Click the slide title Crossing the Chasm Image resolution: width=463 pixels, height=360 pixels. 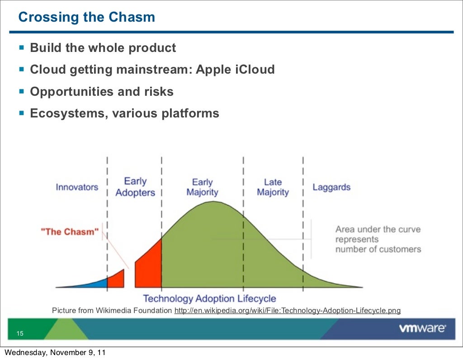tap(86, 18)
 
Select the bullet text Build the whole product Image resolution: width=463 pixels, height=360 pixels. tap(103, 47)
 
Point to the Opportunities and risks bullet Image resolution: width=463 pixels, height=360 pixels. tap(101, 92)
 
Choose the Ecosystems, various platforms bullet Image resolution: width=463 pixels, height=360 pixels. tap(124, 113)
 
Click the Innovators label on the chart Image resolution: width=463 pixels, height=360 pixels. tap(77, 187)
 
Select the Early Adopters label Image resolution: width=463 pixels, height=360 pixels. tap(135, 187)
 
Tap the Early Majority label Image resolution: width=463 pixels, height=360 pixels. tap(202, 187)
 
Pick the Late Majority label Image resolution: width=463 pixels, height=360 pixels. tap(273, 187)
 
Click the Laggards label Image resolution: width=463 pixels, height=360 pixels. tap(331, 187)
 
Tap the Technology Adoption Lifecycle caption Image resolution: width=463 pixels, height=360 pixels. tap(209, 299)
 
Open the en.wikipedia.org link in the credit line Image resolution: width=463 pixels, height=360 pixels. tap(287, 311)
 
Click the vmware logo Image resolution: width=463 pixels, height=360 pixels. tap(422, 329)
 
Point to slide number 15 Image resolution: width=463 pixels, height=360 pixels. tap(20, 334)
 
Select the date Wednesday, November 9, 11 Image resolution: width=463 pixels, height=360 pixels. tap(55, 352)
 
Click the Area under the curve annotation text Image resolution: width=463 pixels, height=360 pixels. tap(378, 239)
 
